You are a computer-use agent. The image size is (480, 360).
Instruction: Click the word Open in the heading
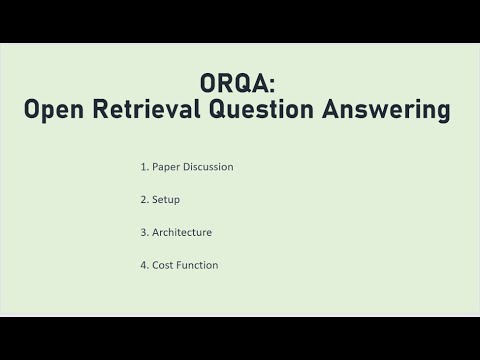tap(54, 111)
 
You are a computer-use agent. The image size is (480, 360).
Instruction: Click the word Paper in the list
tap(167, 167)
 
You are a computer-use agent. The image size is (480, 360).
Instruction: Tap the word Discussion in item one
tap(209, 167)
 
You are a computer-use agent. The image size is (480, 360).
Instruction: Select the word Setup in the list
tap(166, 200)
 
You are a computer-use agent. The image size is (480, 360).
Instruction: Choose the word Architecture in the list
tap(182, 232)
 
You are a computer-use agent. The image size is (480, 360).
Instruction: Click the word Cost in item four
tap(163, 265)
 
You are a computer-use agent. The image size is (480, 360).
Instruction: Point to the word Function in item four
tap(198, 265)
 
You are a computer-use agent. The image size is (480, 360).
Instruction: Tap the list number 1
tap(144, 167)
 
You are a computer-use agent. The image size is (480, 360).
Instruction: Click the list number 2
tap(144, 200)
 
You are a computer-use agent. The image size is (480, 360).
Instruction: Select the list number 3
tap(144, 232)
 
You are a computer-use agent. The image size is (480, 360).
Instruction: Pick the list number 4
tap(144, 265)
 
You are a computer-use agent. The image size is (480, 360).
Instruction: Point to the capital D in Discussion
tap(188, 167)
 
